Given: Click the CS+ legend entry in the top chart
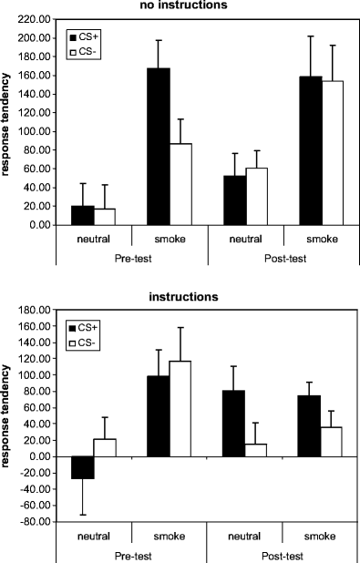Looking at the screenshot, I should coord(87,37).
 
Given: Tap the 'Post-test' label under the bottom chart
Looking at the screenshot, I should coord(284,553).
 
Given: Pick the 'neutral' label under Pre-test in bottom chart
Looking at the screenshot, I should coord(95,535).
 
